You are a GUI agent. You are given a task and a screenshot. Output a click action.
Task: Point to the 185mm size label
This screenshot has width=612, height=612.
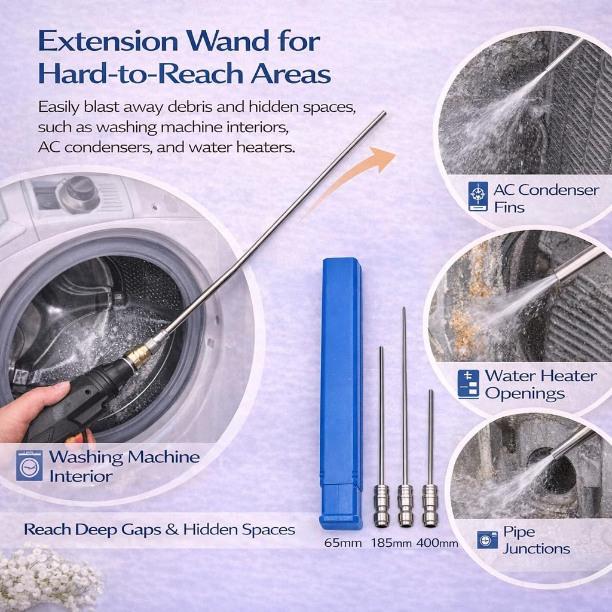pos(391,543)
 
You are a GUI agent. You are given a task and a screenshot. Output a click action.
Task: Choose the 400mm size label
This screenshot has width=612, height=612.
pos(438,543)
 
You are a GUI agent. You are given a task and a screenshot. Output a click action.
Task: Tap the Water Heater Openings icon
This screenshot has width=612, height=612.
pos(469,384)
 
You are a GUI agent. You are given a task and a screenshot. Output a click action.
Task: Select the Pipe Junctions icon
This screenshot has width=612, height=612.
pos(487,540)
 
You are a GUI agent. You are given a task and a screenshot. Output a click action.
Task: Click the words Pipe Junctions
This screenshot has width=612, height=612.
pos(535,540)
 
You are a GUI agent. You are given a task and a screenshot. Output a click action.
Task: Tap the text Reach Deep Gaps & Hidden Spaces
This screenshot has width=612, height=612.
pos(159,529)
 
